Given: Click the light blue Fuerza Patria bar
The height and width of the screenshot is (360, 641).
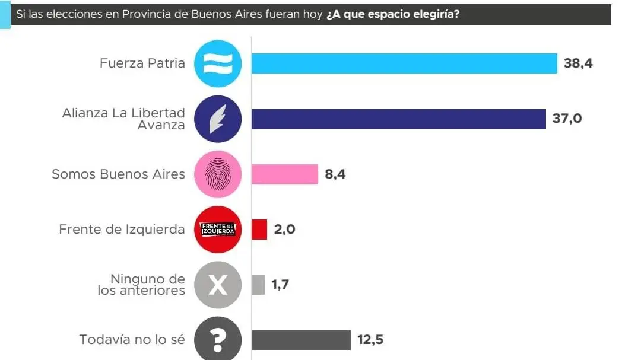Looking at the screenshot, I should point(404,63).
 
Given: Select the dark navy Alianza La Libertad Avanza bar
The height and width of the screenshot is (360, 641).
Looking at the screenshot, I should point(398,119).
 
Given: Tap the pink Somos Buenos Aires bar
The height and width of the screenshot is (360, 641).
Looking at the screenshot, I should point(284,174).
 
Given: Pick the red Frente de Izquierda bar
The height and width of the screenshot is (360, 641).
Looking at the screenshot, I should point(259,230).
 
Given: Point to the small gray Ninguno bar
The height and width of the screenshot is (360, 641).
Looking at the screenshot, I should point(258,285).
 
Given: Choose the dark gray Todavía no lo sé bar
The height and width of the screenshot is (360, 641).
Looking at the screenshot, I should point(300,340).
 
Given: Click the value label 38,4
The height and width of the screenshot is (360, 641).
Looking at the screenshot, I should point(578,63).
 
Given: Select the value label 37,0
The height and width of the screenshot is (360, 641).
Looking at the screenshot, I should point(567,119).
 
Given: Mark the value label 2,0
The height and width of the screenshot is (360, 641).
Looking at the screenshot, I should point(284,230).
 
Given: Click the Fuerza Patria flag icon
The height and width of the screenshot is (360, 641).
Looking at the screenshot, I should point(218,63).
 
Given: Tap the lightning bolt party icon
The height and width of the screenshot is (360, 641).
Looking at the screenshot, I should point(218,119).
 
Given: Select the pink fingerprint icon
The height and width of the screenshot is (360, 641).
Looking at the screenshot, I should point(218,174).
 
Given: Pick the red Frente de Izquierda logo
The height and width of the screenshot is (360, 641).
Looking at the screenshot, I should point(218,230).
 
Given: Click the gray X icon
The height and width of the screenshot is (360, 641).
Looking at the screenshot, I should point(218,285).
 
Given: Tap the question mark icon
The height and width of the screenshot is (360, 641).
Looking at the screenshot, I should point(218,339).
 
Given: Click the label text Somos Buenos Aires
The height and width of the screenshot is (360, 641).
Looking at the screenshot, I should point(118,174).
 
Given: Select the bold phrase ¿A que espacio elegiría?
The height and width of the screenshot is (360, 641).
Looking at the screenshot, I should point(392,14).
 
